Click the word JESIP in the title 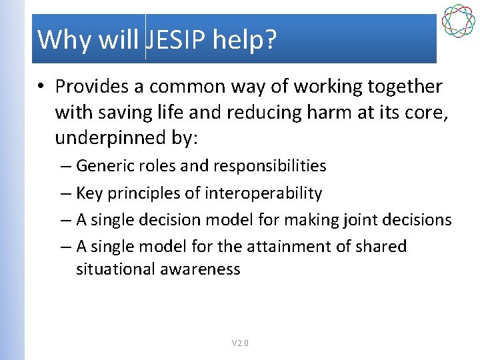pos(176,40)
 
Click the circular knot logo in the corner pos(458,21)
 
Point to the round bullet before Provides pos(41,87)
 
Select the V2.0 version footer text pos(240,343)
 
